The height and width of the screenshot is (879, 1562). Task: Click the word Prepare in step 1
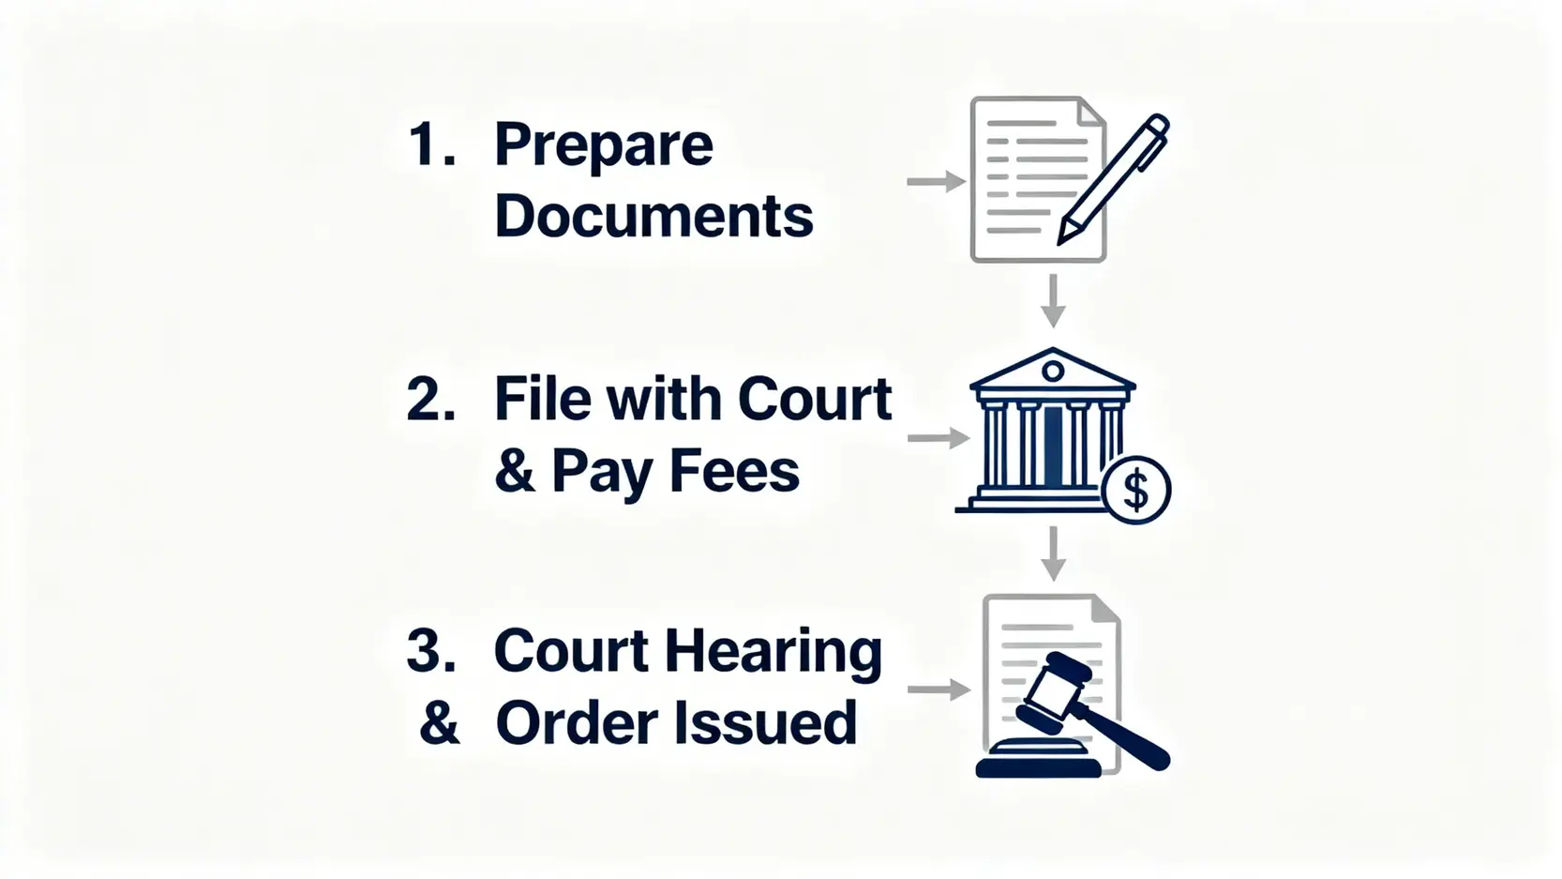603,146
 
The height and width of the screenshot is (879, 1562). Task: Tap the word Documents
653,217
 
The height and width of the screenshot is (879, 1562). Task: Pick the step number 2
430,399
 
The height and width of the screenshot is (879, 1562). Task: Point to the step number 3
430,650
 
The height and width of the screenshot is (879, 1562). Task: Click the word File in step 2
543,399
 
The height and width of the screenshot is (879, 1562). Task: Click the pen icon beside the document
1114,178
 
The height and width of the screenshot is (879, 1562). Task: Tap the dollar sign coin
1136,490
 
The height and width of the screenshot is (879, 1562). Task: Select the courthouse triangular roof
1052,369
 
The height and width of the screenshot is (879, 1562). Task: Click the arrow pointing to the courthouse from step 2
937,438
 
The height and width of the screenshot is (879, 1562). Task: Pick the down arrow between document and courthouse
1053,300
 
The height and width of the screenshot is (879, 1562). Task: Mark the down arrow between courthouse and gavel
1053,553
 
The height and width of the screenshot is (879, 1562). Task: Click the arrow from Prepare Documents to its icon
936,182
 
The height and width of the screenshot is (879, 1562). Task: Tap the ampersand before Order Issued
439,723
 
